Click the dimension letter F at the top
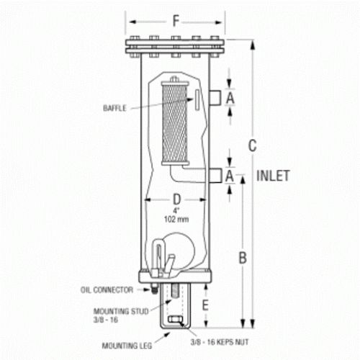pyautogui.click(x=176, y=21)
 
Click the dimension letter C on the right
pyautogui.click(x=252, y=145)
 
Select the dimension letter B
pyautogui.click(x=243, y=258)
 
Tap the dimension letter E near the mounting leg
pyautogui.click(x=205, y=305)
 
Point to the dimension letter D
pyautogui.click(x=176, y=199)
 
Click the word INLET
pyautogui.click(x=273, y=176)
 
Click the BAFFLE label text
pyautogui.click(x=114, y=108)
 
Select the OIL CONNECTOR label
pyautogui.click(x=107, y=290)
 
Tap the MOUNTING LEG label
pyautogui.click(x=127, y=346)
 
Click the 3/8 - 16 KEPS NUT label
pyautogui.click(x=220, y=342)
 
